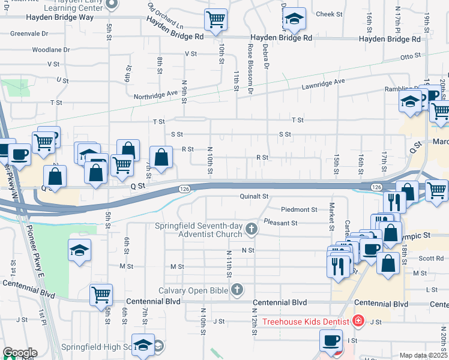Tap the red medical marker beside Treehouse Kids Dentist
click(358, 321)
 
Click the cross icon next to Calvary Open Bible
click(238, 290)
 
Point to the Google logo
click(19, 353)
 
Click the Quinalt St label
click(253, 196)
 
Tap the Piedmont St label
click(299, 209)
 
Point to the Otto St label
click(411, 58)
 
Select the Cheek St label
click(328, 14)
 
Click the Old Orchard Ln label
click(165, 17)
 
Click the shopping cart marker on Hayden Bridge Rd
click(215, 20)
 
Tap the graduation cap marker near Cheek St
click(294, 19)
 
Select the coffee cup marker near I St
click(330, 341)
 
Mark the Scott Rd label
click(431, 259)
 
